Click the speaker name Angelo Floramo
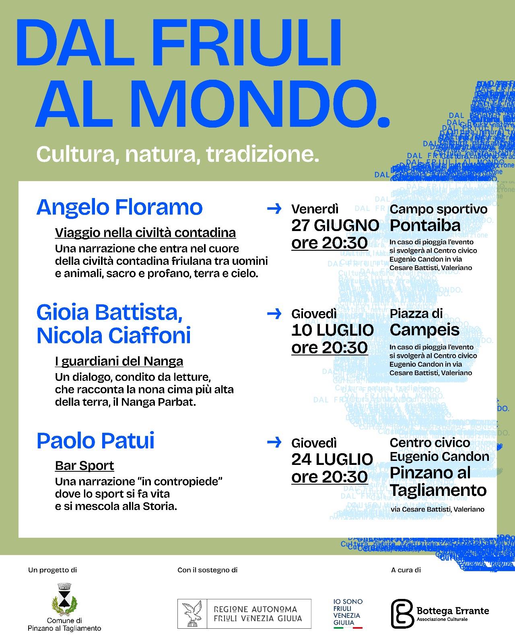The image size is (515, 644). pos(119,208)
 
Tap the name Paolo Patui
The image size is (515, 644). pos(95,441)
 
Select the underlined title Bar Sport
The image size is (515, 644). pos(84,466)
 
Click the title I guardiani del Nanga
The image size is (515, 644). pos(119,361)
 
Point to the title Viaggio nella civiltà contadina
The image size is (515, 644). pos(145,233)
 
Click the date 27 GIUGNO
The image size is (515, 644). pos(335,225)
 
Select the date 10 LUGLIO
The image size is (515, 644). pos(332,330)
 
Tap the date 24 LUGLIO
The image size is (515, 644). pos(332,459)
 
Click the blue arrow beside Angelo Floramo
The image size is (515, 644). pos(274,208)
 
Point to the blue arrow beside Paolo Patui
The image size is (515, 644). pos(274,442)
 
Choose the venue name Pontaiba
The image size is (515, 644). pos(425,225)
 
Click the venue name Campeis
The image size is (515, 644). pos(424,330)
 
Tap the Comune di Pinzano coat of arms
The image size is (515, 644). pos(64,600)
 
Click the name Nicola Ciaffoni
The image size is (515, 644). pos(113,336)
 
